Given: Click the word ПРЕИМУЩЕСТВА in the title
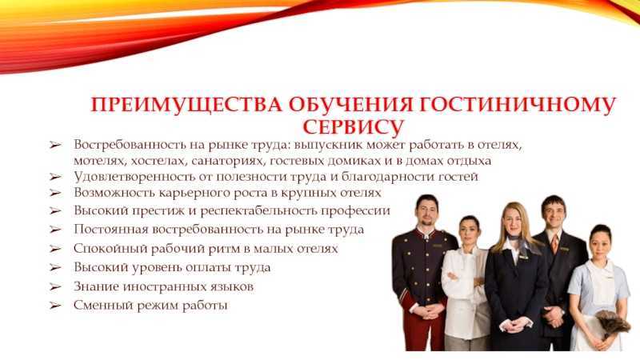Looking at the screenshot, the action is pos(186,105).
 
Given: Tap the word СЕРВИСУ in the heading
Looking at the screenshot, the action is pos(354,127).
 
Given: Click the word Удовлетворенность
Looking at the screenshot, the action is pos(134,177).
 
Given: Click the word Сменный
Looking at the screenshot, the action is pos(103,306).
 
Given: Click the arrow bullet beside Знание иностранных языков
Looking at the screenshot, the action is pos(55,287).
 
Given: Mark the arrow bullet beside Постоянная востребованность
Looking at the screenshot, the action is pos(55,230).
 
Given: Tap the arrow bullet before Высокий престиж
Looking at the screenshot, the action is pos(55,211).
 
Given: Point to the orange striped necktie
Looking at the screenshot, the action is pos(554,244).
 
